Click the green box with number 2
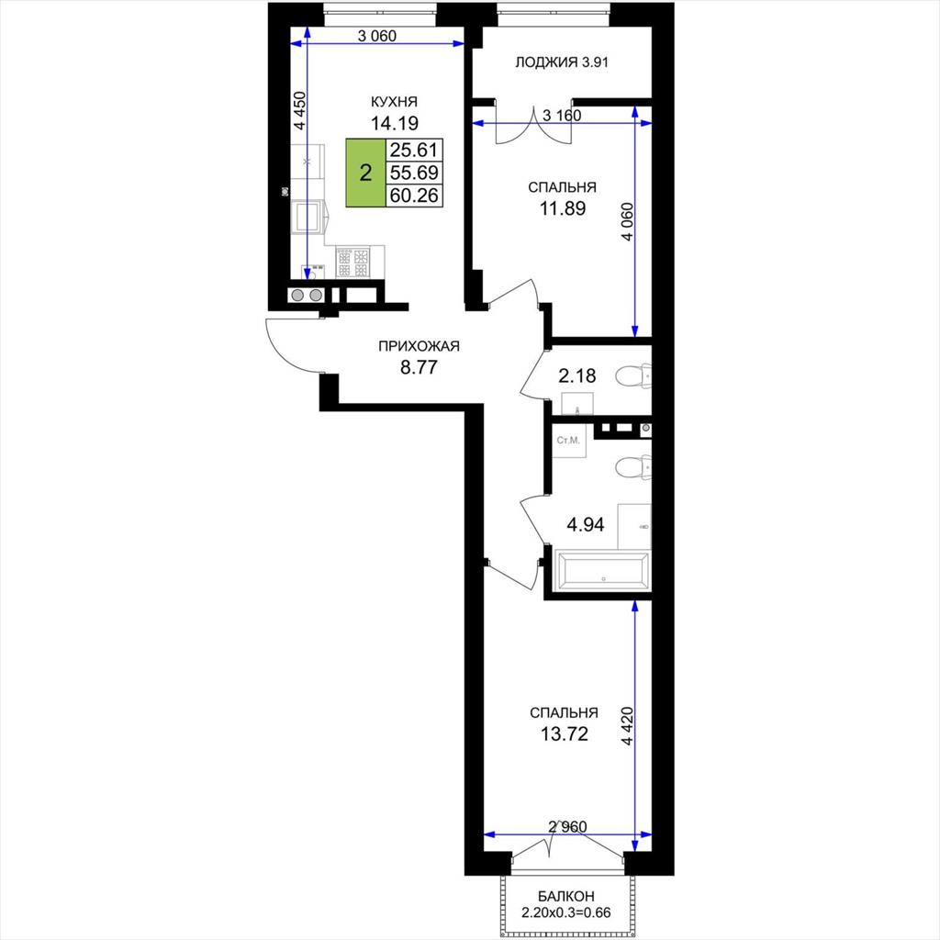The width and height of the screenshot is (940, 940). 365,173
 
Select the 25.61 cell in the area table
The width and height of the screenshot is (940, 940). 414,150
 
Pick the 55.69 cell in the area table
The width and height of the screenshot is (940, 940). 414,173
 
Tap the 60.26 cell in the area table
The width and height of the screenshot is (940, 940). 414,196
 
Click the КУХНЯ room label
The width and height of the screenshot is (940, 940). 394,102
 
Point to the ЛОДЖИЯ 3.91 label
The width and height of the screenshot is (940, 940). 562,62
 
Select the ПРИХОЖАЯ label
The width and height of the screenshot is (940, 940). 419,346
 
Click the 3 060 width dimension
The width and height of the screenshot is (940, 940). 377,37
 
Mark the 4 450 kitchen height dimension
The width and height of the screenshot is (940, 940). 300,110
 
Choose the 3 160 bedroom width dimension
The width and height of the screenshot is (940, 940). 562,115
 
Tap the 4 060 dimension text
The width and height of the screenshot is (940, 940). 627,222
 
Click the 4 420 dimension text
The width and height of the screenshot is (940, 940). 627,726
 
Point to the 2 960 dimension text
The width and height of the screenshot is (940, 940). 567,827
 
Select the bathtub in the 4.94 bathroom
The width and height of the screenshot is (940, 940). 603,568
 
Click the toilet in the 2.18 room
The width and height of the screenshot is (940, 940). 633,376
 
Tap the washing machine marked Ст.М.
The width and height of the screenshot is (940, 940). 569,442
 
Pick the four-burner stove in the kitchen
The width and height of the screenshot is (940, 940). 353,263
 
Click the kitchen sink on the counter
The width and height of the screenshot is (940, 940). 308,217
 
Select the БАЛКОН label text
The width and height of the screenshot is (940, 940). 565,896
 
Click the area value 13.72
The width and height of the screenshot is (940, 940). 565,733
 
